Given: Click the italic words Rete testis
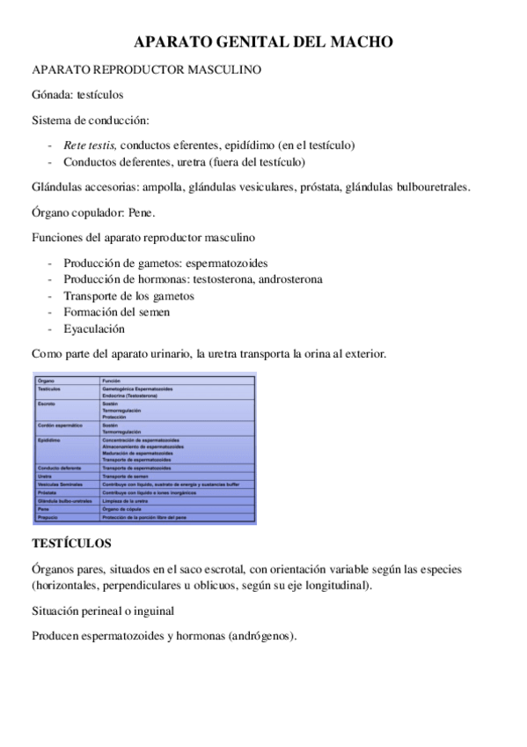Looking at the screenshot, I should click(90, 144).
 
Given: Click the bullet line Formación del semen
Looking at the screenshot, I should click(116, 312).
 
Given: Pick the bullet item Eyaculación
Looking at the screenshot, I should click(94, 329).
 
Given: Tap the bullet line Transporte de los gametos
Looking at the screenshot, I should click(128, 296).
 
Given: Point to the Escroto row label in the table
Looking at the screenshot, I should click(48, 403).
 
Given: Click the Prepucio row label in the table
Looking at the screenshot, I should click(48, 517).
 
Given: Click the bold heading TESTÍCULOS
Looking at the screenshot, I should click(71, 544).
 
